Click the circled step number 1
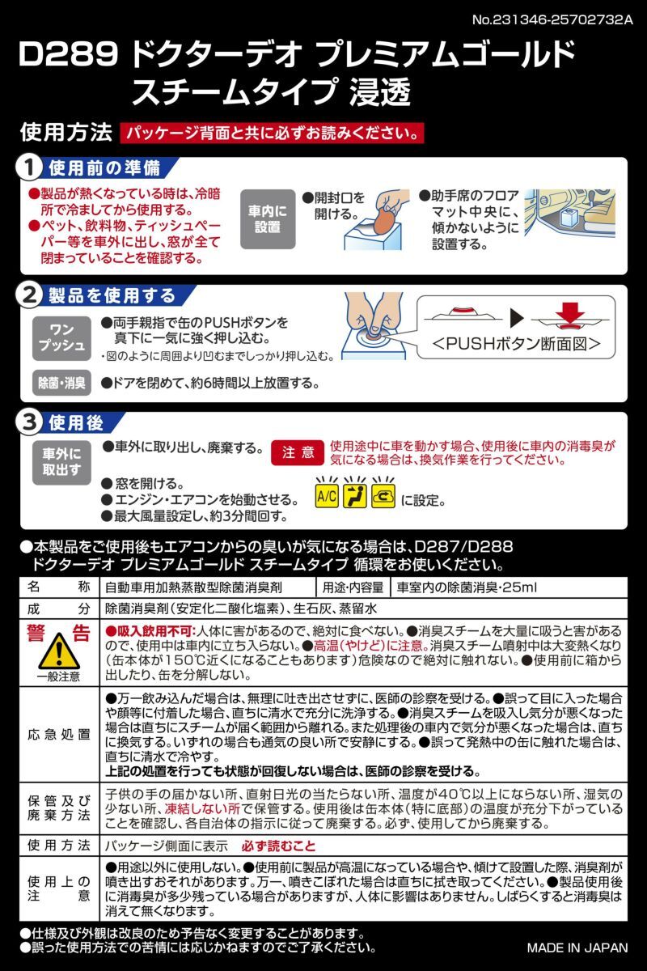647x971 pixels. pyautogui.click(x=29, y=168)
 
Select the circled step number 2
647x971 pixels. pyautogui.click(x=29, y=295)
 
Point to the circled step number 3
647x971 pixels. pyautogui.click(x=29, y=423)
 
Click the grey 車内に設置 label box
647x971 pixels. pyautogui.click(x=268, y=219)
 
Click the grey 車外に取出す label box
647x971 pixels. pyautogui.click(x=61, y=461)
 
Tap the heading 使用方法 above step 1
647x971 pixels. pyautogui.click(x=64, y=132)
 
